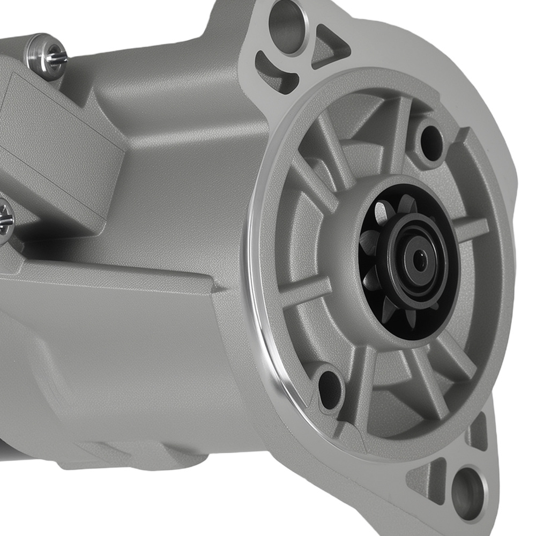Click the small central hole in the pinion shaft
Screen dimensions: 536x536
click(420, 261)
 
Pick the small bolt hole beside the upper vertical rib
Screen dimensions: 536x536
click(431, 144)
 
